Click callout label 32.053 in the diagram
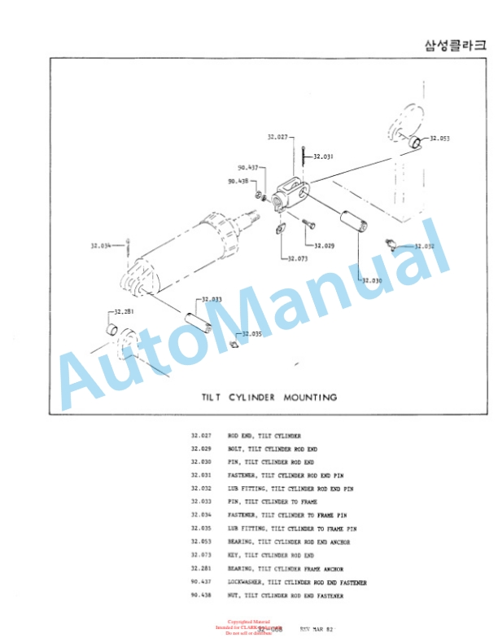439,139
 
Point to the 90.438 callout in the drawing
238,182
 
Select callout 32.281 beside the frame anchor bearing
124,311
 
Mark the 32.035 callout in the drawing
251,334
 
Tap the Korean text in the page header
455,45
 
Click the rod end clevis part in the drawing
290,194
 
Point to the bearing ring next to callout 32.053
414,143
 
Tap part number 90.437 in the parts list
201,583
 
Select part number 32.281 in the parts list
201,568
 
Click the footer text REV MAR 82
317,629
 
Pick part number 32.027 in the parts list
201,436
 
